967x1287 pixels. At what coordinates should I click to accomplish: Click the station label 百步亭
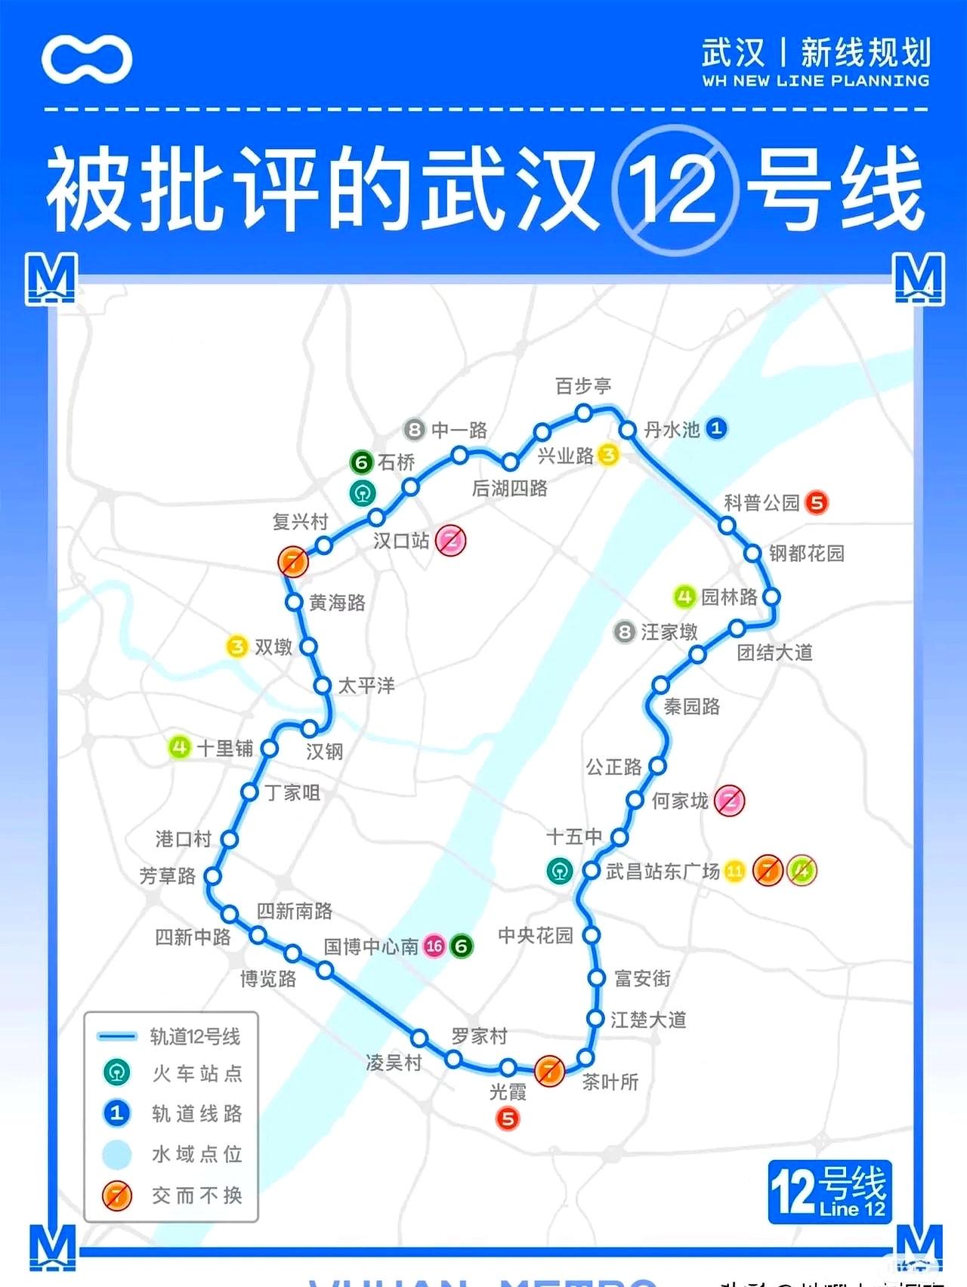582,386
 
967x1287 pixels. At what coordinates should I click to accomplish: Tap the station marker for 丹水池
627,430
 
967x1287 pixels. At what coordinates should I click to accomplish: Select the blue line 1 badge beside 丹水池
716,429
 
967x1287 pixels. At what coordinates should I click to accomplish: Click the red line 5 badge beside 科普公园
817,502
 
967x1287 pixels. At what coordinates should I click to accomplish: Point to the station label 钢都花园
806,553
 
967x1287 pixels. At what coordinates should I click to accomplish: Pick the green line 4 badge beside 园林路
684,597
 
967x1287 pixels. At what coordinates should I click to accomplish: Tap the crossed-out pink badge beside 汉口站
451,540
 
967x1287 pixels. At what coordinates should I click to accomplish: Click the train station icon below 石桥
363,493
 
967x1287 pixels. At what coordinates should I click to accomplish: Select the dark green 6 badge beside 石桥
361,461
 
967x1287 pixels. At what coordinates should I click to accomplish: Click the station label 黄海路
337,603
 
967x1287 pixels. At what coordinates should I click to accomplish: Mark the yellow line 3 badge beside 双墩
237,647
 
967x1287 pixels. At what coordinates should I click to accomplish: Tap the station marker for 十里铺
269,748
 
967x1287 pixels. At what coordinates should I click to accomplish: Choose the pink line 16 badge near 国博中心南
434,946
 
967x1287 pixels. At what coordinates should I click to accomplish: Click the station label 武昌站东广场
663,872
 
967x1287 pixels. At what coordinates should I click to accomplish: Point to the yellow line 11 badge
734,871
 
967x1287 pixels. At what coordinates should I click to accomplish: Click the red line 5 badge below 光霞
508,1119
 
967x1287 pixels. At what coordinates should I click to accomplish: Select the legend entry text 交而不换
197,1195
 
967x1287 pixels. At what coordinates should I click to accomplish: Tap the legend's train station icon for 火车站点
117,1072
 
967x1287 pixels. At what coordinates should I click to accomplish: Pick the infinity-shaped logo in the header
87,59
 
